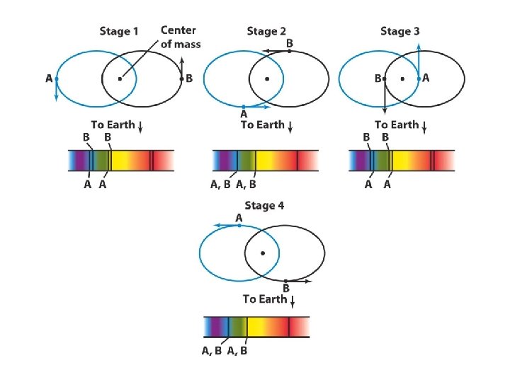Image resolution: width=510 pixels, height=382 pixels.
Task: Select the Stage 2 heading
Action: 266,31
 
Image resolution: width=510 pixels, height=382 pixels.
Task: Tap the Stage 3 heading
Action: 400,31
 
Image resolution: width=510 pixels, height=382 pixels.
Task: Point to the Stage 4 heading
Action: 262,206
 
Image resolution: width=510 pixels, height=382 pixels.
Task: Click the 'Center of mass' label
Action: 181,37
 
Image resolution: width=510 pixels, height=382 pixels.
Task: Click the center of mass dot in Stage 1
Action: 120,79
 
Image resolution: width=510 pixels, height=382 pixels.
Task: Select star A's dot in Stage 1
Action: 56,79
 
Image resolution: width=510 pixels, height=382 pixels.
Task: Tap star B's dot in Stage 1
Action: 181,79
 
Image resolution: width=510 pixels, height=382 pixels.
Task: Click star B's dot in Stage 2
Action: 289,51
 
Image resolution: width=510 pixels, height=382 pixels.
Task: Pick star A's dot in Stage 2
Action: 244,107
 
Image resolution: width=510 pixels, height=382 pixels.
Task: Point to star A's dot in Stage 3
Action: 419,79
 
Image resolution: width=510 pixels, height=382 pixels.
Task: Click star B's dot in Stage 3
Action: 384,79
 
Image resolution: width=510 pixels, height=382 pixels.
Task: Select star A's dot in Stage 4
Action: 239,225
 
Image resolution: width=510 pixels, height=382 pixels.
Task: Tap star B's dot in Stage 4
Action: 285,281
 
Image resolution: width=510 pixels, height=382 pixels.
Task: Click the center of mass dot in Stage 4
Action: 263,253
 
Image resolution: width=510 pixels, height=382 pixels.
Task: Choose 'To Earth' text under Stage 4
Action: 264,299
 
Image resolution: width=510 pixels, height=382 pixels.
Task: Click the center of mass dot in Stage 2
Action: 266,79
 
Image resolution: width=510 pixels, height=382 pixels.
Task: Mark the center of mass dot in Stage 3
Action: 402,79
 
